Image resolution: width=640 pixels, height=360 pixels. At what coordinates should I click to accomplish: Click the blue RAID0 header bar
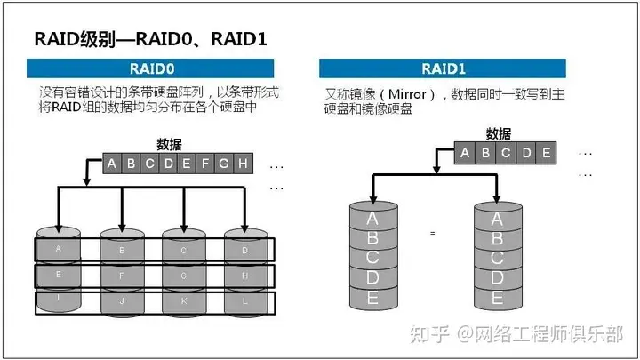(150, 68)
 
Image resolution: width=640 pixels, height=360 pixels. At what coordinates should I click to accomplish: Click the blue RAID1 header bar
(443, 68)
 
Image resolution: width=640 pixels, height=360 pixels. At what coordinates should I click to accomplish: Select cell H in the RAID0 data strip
(244, 164)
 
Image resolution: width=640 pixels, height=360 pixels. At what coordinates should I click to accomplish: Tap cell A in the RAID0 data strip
(112, 164)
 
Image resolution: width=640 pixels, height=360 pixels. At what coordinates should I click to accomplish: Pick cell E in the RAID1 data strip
(546, 153)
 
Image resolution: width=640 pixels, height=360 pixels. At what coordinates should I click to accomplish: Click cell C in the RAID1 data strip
(506, 153)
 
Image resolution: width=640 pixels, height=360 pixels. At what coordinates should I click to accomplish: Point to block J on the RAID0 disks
(122, 301)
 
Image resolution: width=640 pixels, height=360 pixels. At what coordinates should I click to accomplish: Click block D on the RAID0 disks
(245, 250)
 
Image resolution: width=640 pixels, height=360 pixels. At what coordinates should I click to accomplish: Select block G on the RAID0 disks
(184, 276)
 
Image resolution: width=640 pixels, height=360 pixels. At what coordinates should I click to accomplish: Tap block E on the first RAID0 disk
(59, 275)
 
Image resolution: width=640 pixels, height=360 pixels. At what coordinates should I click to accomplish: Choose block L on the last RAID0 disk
(245, 301)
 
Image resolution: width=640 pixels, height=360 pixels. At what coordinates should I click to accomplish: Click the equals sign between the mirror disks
(433, 234)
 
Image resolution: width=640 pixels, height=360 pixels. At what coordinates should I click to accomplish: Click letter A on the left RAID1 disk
(372, 219)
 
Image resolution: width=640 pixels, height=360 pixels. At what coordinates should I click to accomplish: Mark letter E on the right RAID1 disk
(497, 298)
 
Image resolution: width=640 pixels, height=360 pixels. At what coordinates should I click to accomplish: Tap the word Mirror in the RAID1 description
(407, 94)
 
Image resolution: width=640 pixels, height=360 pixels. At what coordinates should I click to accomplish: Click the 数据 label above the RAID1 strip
(499, 133)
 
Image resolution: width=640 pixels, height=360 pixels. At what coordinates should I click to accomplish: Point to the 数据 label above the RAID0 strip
(169, 144)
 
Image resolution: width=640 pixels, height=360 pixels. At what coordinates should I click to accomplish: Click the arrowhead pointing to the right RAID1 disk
(496, 199)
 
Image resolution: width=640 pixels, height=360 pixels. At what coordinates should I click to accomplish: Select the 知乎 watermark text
(429, 334)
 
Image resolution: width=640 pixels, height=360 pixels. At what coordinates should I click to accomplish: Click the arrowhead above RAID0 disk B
(122, 227)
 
